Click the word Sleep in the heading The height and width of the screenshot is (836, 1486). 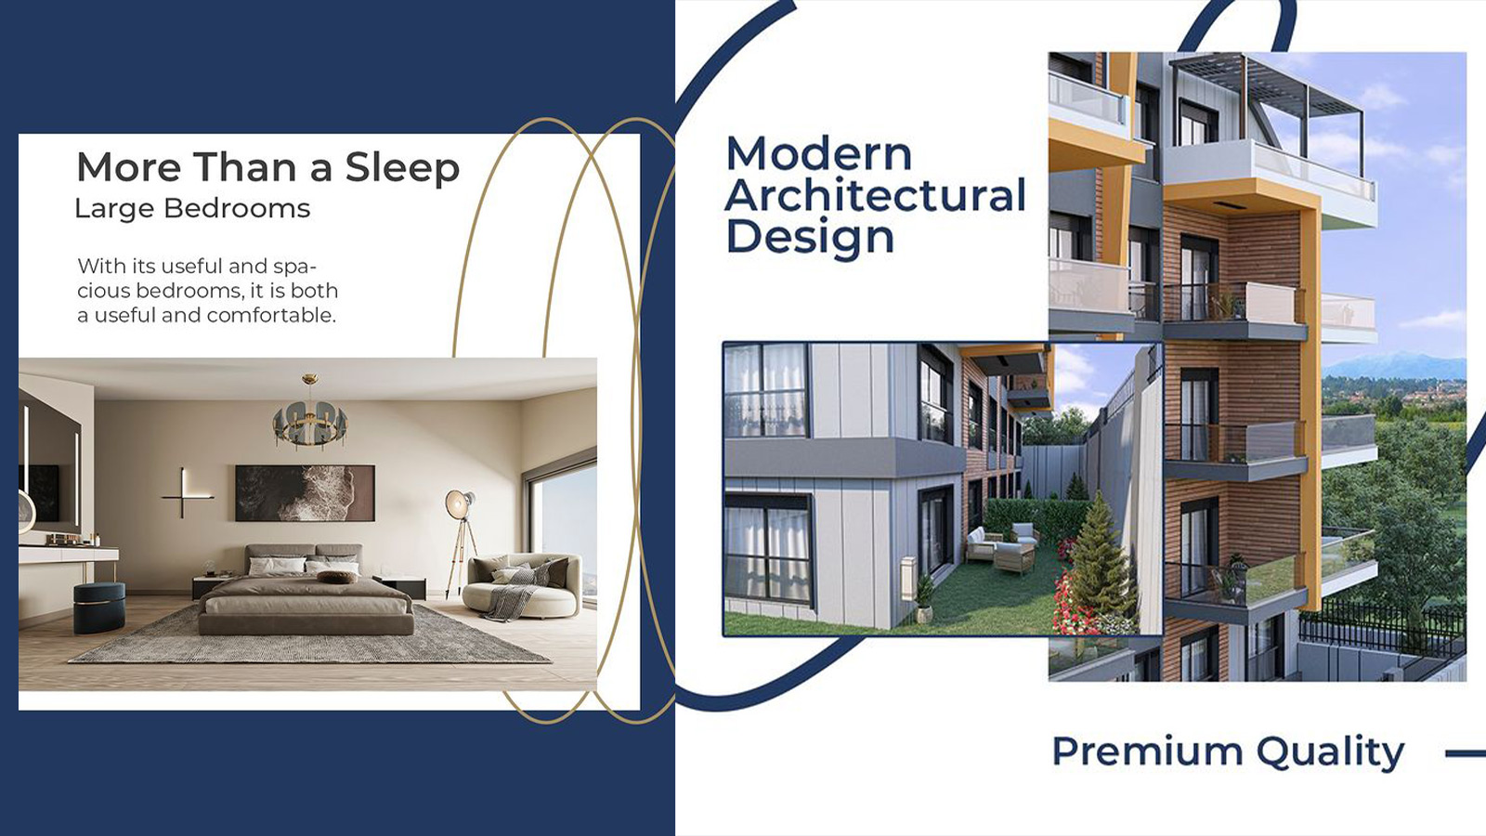[x=402, y=168]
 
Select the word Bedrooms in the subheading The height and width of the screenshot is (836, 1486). [x=237, y=208]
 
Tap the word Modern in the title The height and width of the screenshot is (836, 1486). [x=819, y=153]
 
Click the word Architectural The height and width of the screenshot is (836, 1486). [x=876, y=195]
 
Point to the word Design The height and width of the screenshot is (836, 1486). [x=811, y=238]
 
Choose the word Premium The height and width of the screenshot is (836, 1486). [x=1147, y=751]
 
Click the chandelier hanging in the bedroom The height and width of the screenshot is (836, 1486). [x=310, y=414]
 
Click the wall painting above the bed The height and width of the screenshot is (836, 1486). [x=306, y=493]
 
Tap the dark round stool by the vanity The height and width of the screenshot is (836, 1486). [x=98, y=607]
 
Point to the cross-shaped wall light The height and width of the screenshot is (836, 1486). [x=187, y=492]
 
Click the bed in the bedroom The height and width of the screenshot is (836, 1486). [x=306, y=591]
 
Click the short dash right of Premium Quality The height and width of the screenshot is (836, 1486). [x=1466, y=753]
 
